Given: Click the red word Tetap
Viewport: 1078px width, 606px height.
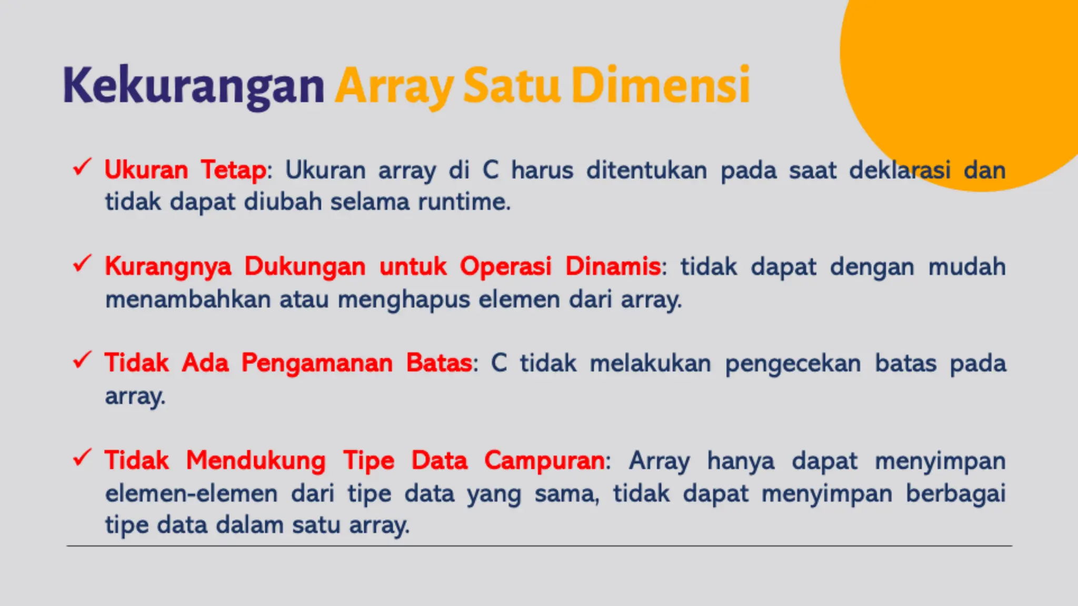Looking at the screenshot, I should point(234,170).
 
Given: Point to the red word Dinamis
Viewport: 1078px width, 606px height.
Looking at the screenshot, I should point(613,266).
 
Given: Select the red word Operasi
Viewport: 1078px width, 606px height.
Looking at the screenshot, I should point(506,266).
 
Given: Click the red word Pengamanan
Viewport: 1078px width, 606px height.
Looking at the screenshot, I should point(317,363).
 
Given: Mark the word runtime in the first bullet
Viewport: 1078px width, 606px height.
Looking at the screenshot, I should point(464,202).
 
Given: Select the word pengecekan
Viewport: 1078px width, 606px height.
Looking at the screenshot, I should point(793,363).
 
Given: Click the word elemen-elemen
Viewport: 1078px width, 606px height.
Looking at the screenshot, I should point(191,493).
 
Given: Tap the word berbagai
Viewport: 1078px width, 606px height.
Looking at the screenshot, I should point(955,493).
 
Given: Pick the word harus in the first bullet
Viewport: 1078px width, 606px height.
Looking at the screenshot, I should point(542,170).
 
